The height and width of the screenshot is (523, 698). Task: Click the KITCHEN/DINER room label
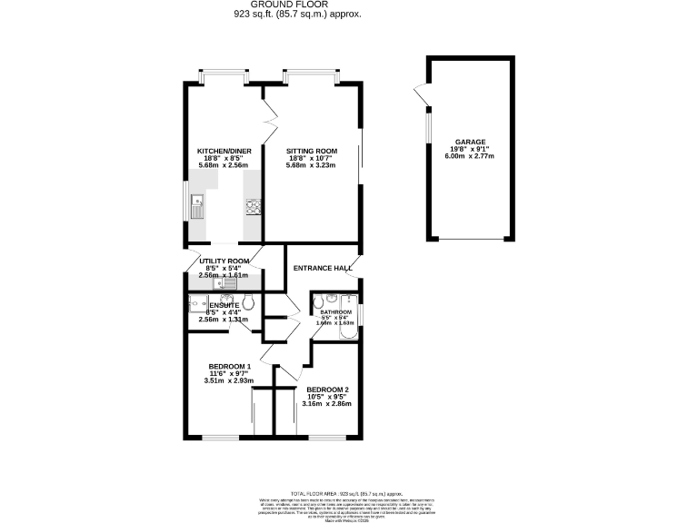(224, 151)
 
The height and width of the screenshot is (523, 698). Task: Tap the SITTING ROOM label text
(312, 151)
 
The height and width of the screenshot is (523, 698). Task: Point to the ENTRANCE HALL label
(322, 268)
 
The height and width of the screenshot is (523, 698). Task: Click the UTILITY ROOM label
(224, 261)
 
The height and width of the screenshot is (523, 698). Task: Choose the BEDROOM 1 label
(229, 366)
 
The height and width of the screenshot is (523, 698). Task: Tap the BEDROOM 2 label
(327, 389)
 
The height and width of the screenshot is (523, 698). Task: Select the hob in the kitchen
(253, 210)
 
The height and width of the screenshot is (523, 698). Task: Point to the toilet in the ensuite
(250, 303)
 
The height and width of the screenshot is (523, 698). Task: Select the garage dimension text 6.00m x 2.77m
(470, 158)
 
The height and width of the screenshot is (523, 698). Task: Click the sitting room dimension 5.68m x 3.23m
(312, 165)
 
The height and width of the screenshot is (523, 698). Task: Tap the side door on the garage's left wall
(420, 94)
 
